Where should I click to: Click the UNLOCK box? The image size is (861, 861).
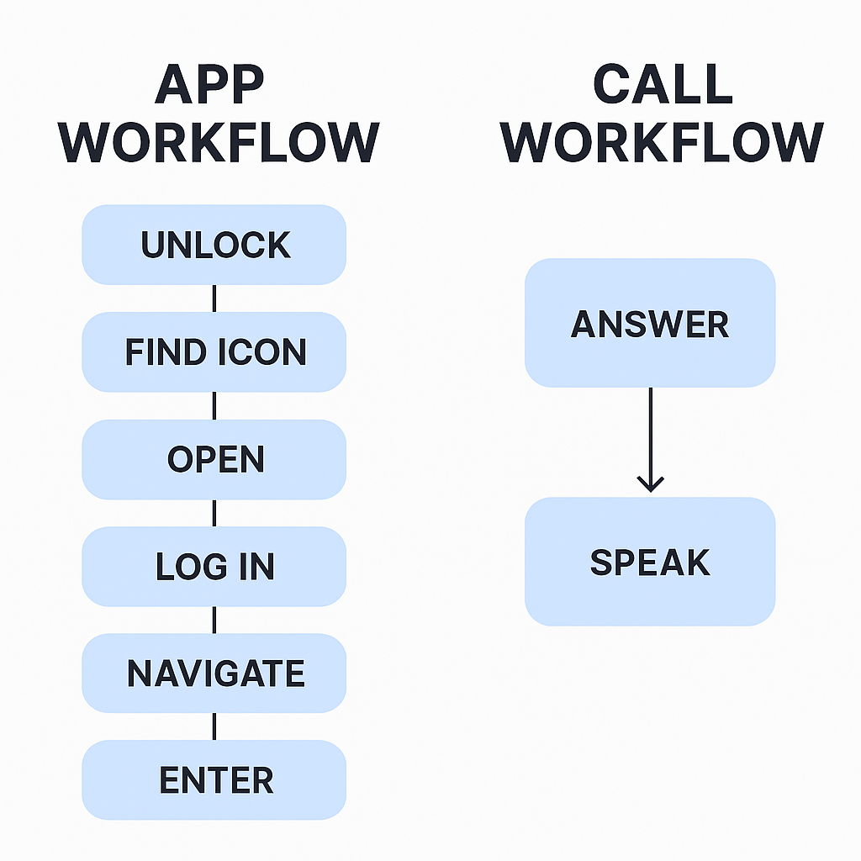214,245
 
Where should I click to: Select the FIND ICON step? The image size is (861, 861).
214,351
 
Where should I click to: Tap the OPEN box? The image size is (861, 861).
214,459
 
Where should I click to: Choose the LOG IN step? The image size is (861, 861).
214,567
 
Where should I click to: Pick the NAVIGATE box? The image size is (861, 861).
214,673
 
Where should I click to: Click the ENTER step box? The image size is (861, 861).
214,780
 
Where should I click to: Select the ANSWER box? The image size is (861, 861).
650,323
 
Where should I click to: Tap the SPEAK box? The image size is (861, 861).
650,562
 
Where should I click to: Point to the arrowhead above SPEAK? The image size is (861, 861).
650,483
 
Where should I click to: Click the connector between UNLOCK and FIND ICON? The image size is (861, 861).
214,298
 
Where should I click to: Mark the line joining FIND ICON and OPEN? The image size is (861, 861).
214,406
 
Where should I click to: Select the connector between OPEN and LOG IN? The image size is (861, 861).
214,513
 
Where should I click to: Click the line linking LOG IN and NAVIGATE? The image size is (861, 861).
214,621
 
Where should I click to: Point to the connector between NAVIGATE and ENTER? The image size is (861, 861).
214,726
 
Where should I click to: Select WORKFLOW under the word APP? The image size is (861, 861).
219,143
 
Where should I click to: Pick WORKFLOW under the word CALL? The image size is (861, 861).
663,143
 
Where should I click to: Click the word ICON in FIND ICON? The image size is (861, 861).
261,351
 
